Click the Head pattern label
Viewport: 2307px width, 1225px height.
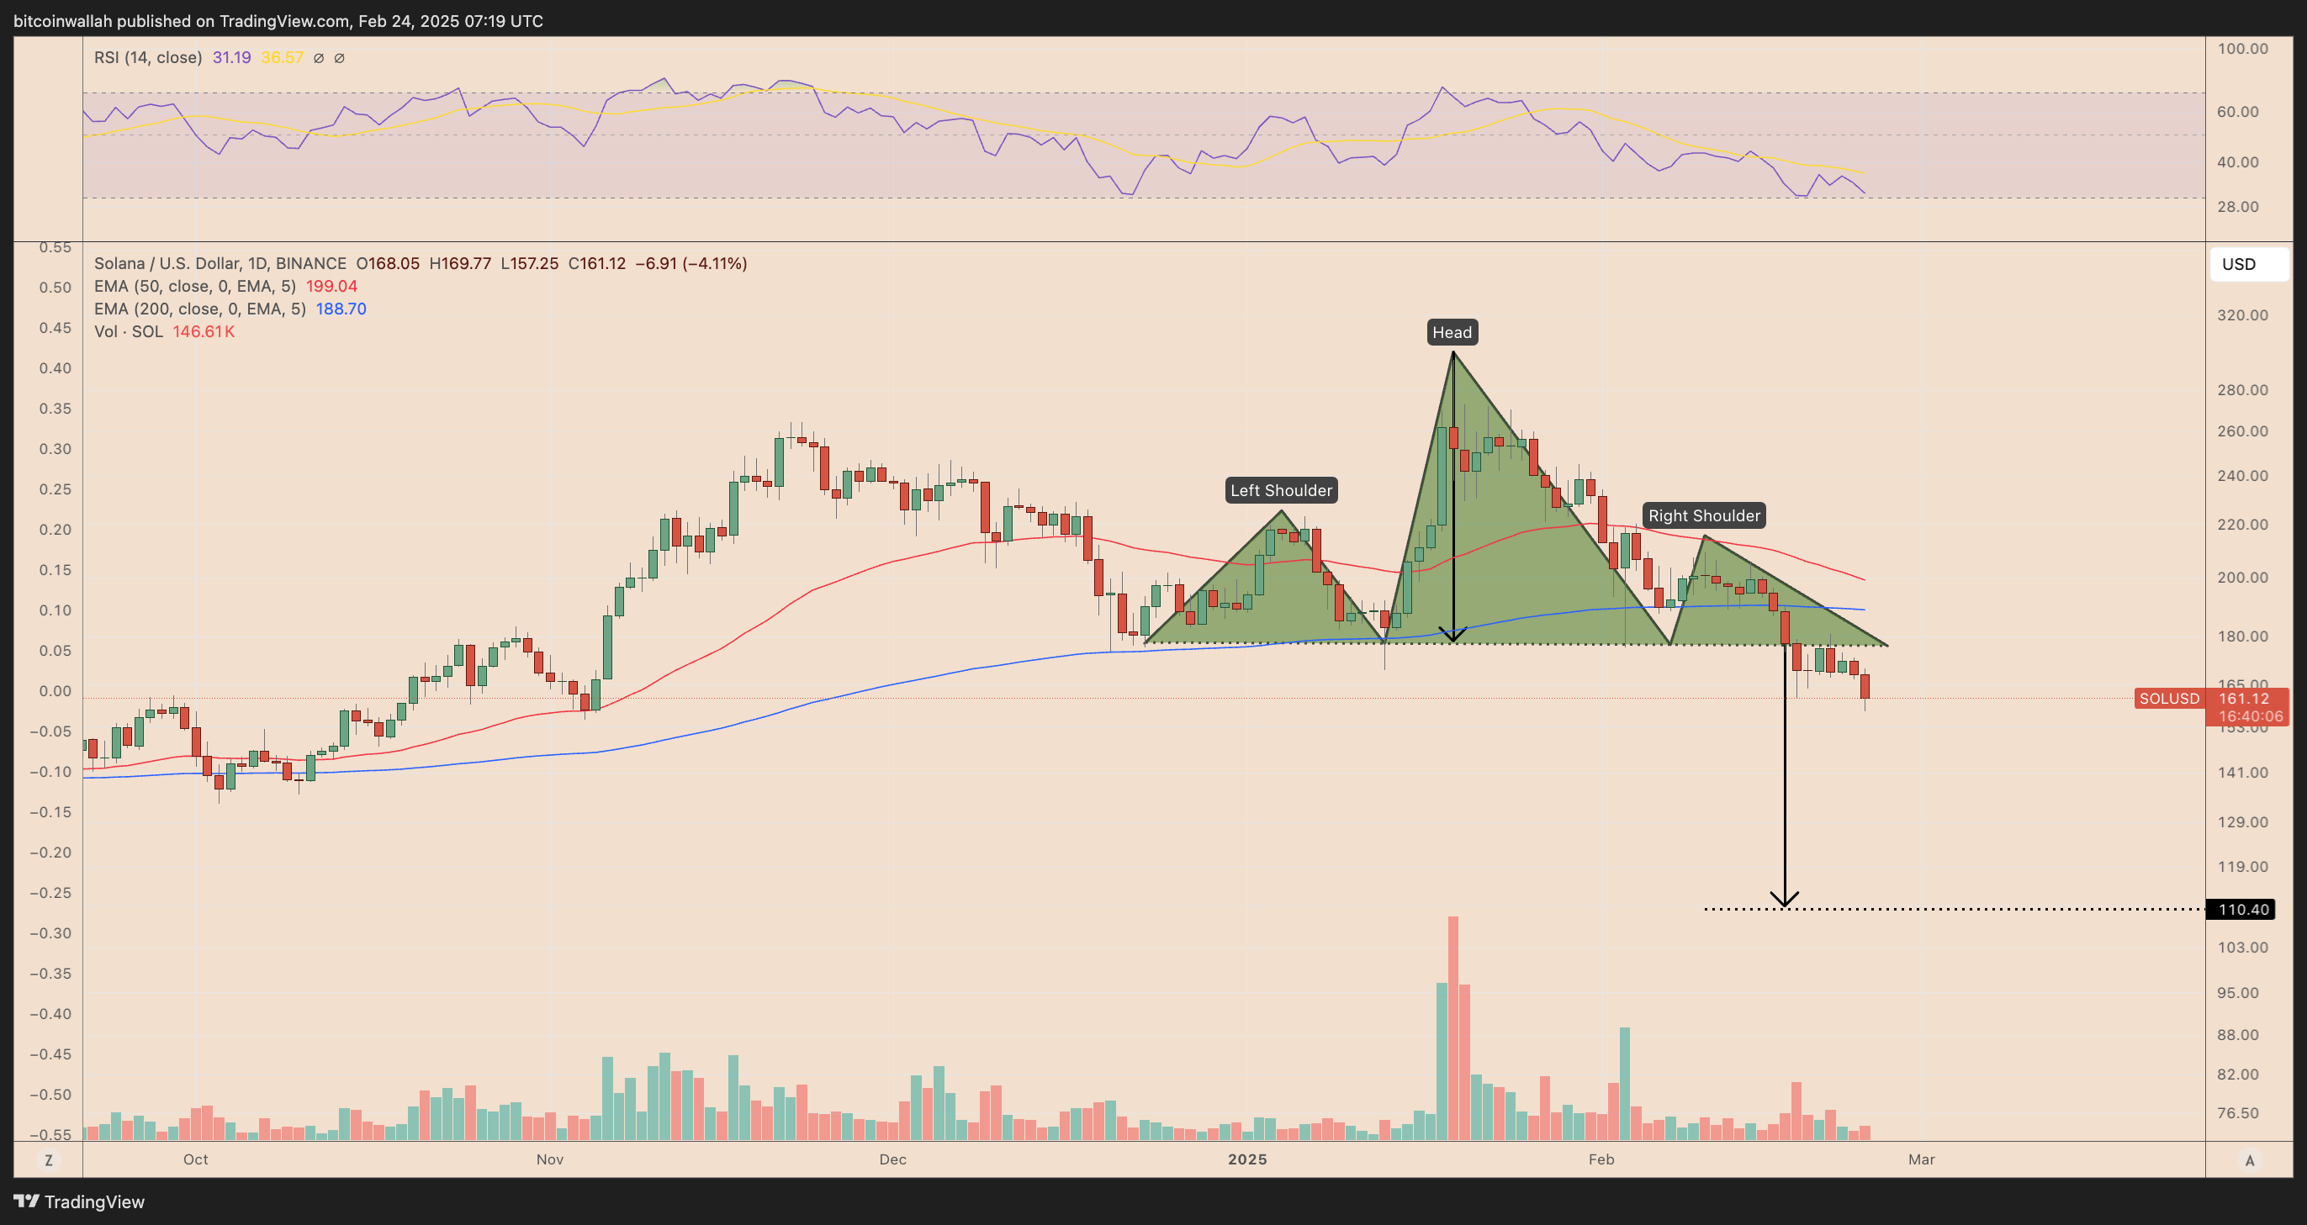(x=1452, y=332)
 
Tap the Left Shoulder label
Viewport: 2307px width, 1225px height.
(x=1281, y=490)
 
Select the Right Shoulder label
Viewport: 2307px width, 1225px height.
(x=1703, y=515)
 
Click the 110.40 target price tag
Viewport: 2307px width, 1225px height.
(x=2241, y=909)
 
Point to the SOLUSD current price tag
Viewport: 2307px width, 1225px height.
(x=2169, y=699)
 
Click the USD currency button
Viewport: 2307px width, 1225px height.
(x=2249, y=264)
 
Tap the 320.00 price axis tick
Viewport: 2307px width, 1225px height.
(x=2242, y=315)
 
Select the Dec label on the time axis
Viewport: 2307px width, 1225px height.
(x=892, y=1159)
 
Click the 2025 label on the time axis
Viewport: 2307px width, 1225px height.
(x=1246, y=1159)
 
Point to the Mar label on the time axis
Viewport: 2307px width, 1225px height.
(x=1921, y=1159)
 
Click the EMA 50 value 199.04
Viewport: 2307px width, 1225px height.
(x=331, y=287)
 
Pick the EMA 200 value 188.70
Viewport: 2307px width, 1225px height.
(x=341, y=309)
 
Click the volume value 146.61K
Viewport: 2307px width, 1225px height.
(x=204, y=331)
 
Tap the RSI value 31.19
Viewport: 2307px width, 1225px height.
(x=231, y=57)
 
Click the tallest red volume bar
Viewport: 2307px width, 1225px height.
(x=1452, y=1030)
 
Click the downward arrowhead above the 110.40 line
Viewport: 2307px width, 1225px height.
(x=1784, y=899)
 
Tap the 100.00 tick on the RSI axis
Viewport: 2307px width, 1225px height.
(x=2242, y=49)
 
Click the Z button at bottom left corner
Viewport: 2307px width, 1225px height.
(x=49, y=1159)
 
